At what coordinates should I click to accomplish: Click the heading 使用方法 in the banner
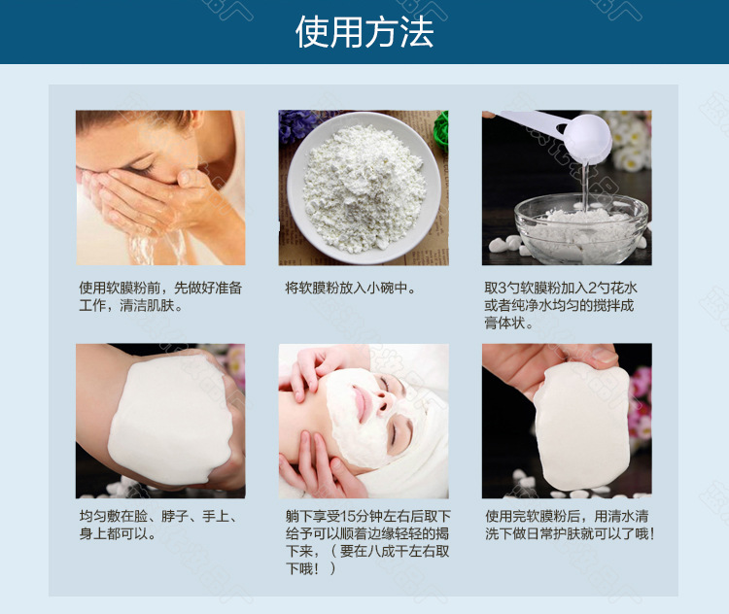click(364, 32)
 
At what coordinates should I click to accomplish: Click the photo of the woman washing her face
click(160, 188)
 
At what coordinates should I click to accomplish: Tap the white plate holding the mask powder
click(361, 190)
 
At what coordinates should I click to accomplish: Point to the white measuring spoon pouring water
click(573, 135)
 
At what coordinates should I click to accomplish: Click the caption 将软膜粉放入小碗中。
click(350, 289)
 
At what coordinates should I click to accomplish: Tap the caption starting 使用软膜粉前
click(160, 297)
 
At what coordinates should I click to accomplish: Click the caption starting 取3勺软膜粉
click(560, 305)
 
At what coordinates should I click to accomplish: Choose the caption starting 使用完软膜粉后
click(569, 526)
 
